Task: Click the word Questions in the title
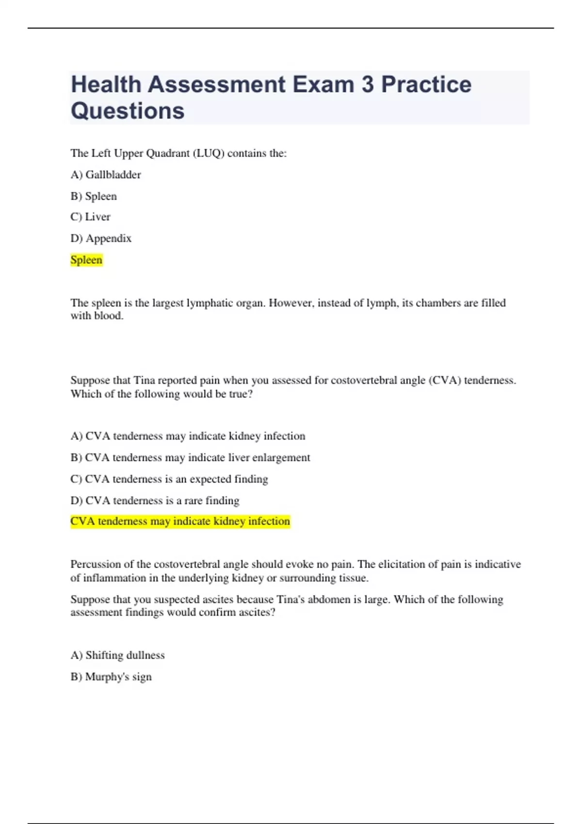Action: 128,111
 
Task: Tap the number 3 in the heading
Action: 368,85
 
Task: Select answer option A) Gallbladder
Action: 106,174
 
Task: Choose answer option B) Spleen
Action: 94,196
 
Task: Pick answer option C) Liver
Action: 90,217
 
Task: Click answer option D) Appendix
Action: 101,238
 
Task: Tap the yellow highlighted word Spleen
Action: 86,260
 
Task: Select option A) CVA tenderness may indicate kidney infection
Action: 188,436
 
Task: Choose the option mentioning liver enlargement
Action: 190,458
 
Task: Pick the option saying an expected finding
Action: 169,479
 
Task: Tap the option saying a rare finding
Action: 155,500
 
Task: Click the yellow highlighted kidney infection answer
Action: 180,522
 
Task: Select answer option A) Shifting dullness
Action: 117,655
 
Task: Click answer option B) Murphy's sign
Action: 111,677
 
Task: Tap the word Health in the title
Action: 106,85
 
